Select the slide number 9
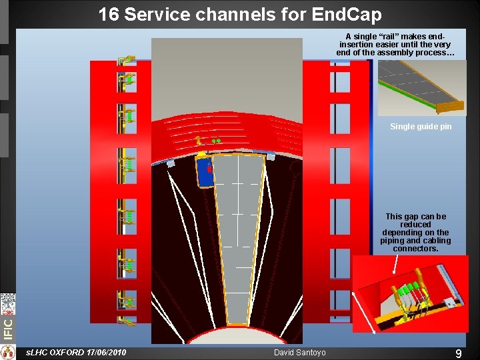(x=458, y=354)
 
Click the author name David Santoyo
(x=299, y=352)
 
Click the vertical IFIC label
(x=7, y=327)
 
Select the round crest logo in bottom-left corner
(x=7, y=352)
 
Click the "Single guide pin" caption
(x=421, y=127)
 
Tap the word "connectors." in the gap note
(x=416, y=249)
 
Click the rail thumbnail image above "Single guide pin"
(x=421, y=87)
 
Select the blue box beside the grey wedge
(x=205, y=171)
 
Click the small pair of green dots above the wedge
(x=216, y=141)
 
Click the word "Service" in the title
(x=166, y=14)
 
